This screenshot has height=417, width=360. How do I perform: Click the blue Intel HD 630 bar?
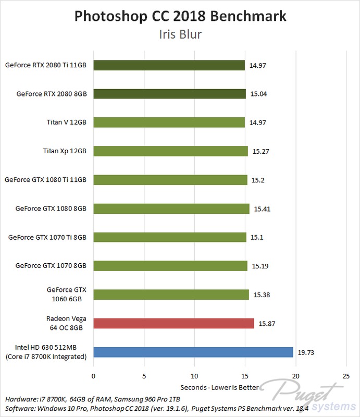click(193, 352)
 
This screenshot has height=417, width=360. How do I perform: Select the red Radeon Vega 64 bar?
click(173, 323)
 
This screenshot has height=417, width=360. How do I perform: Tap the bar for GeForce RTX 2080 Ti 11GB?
click(169, 65)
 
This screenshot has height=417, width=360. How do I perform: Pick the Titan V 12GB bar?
click(169, 122)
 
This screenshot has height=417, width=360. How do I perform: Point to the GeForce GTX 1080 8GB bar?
click(171, 208)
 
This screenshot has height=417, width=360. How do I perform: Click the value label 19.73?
click(306, 352)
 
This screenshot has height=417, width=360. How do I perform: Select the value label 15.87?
click(266, 324)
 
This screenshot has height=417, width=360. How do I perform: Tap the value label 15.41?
click(262, 209)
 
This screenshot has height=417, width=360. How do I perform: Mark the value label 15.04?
click(258, 94)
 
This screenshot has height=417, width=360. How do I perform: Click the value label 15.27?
click(260, 152)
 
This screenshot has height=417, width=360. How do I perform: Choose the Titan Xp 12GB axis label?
click(64, 151)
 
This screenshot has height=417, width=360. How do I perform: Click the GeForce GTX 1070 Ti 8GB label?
click(47, 237)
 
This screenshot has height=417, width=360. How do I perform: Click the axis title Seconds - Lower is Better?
click(219, 388)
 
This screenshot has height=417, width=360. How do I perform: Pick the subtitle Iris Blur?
click(180, 35)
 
